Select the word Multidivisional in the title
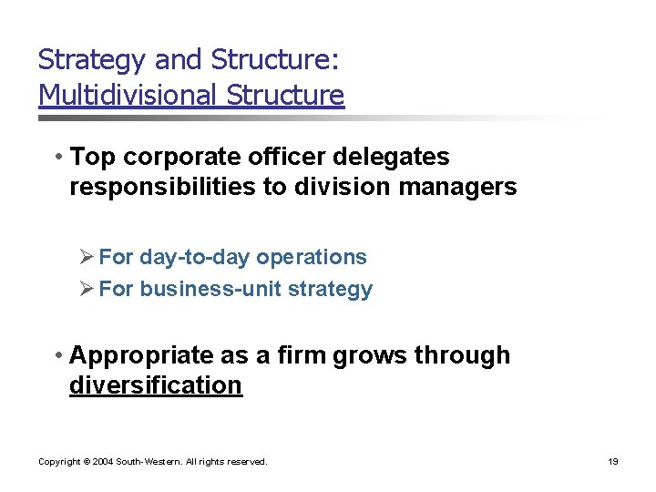pyautogui.click(x=128, y=95)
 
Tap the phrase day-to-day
pyautogui.click(x=196, y=258)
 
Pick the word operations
pyautogui.click(x=312, y=258)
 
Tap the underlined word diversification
pyautogui.click(x=156, y=385)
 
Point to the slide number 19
pyautogui.click(x=613, y=462)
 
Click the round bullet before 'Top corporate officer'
pyautogui.click(x=57, y=158)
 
